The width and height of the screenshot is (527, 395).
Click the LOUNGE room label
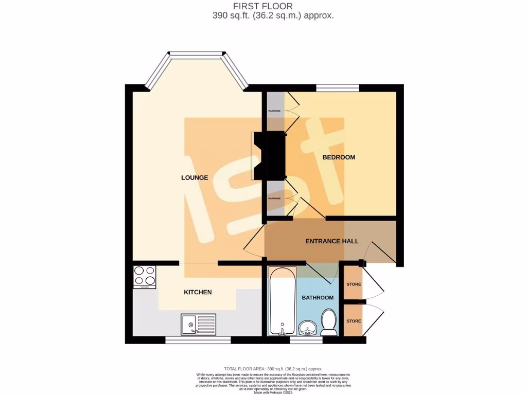[195, 178]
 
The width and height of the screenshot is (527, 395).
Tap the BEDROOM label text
[339, 157]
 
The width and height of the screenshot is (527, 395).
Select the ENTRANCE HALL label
[332, 241]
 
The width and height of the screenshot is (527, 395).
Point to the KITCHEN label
[198, 293]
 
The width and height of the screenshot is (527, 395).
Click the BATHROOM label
[317, 298]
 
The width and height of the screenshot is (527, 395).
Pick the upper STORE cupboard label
[354, 284]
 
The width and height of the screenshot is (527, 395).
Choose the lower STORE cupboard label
[354, 321]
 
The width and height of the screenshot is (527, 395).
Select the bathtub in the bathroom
[282, 301]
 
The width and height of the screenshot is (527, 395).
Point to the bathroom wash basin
[308, 326]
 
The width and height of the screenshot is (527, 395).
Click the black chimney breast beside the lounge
[272, 155]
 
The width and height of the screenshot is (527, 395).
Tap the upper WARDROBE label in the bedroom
[274, 111]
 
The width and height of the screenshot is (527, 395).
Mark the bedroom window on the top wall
[338, 88]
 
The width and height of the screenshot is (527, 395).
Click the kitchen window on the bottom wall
[198, 340]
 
